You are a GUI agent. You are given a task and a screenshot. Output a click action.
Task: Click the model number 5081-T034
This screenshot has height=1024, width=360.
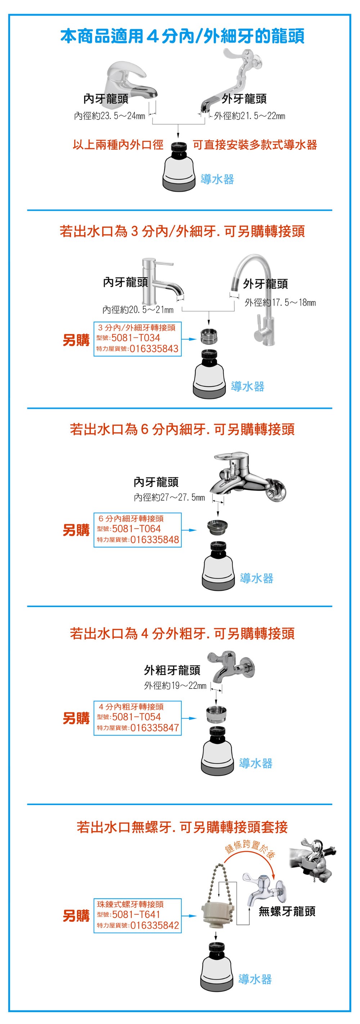[135, 338]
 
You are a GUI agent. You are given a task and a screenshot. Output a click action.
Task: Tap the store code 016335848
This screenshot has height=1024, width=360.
[154, 539]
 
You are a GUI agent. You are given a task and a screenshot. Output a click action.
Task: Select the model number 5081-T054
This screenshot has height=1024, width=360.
[136, 717]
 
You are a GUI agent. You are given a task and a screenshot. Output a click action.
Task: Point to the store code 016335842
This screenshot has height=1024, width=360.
[154, 925]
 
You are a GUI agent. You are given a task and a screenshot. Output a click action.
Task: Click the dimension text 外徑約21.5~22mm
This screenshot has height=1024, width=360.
[249, 116]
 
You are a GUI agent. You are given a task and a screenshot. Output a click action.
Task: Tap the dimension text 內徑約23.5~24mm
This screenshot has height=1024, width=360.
[110, 116]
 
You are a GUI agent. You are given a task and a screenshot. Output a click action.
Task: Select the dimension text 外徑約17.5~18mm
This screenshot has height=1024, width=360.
[280, 302]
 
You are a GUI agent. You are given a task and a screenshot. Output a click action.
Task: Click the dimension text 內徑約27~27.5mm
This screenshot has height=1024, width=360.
[169, 497]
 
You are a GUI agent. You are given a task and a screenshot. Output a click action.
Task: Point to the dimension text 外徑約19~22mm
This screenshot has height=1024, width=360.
[175, 685]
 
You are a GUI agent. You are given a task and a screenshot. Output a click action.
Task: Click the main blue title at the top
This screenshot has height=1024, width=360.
[183, 36]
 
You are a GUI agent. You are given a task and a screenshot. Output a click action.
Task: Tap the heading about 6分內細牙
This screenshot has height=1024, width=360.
[183, 429]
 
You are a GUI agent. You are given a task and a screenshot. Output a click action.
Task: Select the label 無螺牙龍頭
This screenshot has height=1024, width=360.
[287, 911]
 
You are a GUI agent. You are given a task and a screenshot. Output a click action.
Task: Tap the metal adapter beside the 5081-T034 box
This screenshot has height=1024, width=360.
[209, 337]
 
